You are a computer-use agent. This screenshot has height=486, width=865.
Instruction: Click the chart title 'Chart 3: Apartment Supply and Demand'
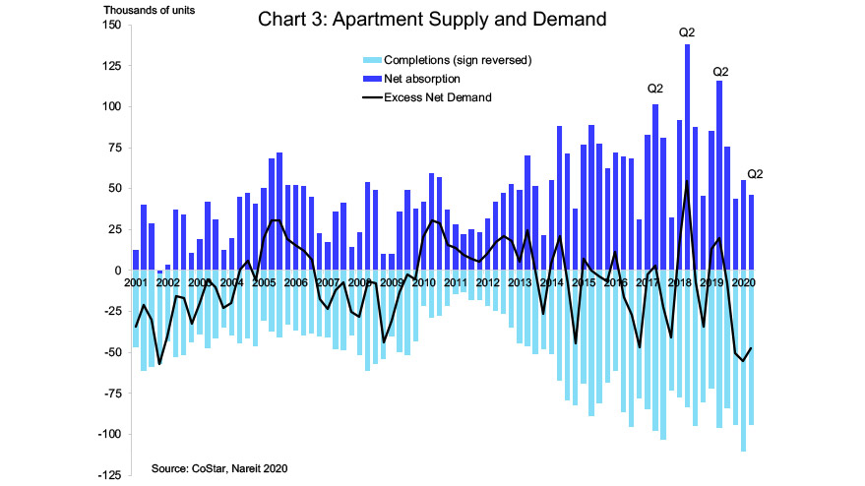pos(431,18)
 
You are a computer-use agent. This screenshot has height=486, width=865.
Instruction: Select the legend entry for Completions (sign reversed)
pos(448,60)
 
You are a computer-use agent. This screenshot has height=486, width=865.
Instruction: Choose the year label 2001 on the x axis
pos(137,283)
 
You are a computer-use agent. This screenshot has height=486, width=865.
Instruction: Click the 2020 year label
pos(743,283)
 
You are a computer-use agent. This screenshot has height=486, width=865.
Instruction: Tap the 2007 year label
pos(328,283)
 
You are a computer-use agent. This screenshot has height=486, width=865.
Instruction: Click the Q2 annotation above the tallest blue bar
pos(687,33)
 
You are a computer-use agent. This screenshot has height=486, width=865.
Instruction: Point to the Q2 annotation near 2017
pos(655,89)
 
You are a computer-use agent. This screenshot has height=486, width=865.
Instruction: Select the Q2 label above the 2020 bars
pos(756,174)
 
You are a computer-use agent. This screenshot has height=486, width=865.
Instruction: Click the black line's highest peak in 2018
pos(687,181)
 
